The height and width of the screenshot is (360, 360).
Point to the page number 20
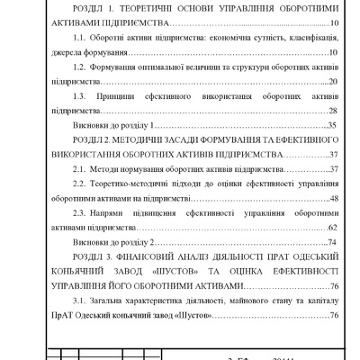click(x=332, y=82)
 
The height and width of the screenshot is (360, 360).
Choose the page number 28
click(x=332, y=110)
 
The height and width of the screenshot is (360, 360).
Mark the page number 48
click(x=332, y=198)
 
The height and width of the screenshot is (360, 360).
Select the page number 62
click(x=332, y=228)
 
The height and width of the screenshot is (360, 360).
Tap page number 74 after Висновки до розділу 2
click(x=332, y=242)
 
